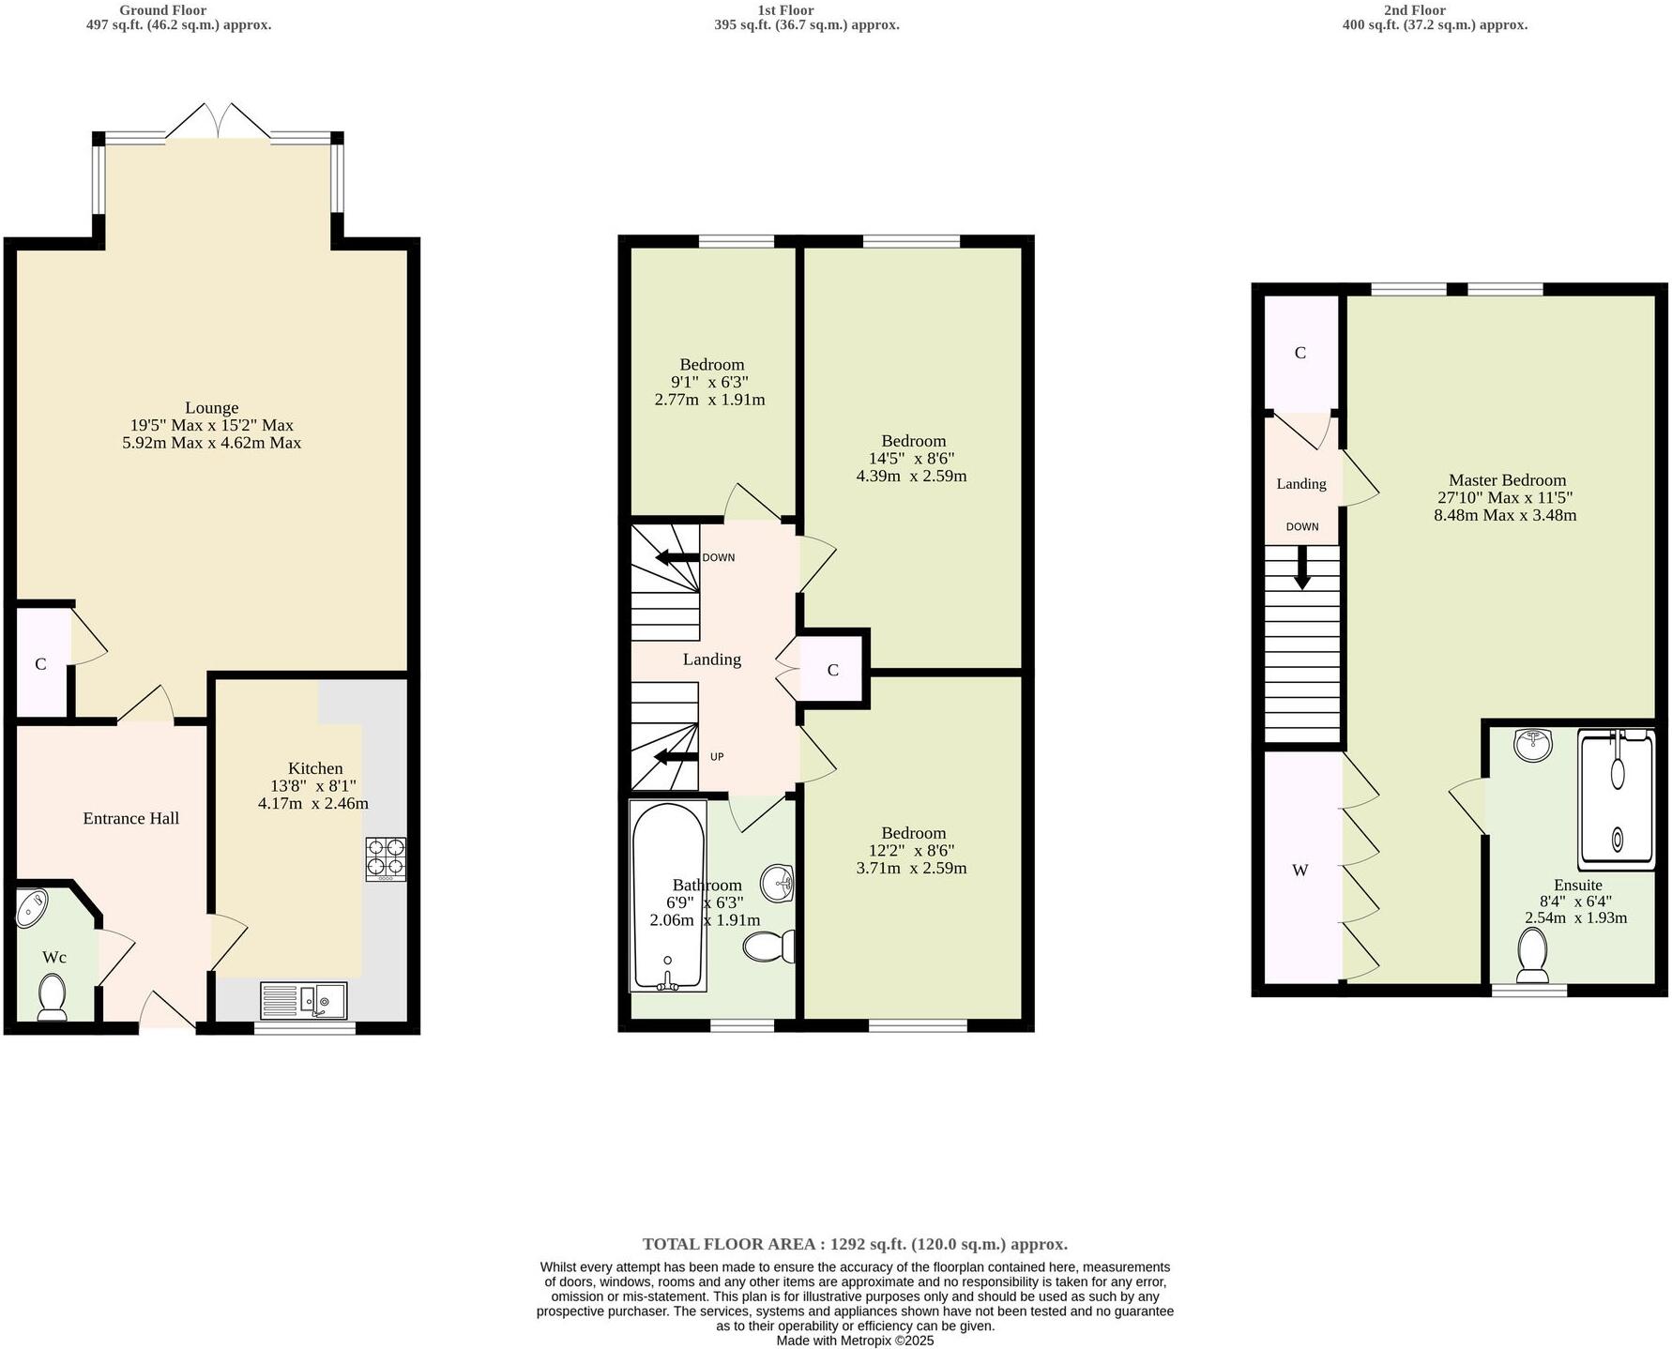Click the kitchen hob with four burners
tap(386, 858)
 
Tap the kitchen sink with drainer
tap(303, 1001)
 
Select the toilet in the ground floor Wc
tap(51, 996)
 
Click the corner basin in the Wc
tap(34, 908)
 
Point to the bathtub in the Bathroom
tap(668, 896)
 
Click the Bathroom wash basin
tap(779, 882)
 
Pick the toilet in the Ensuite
tap(1532, 954)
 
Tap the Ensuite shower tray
tap(1617, 799)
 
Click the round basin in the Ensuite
tap(1532, 747)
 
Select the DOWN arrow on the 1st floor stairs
tap(677, 557)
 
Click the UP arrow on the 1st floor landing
tap(676, 756)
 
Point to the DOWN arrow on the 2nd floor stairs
tap(1302, 568)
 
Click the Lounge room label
tap(211, 408)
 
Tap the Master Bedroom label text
tap(1507, 480)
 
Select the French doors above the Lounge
tap(219, 122)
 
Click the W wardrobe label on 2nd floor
tap(1300, 871)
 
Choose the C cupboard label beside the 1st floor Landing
tap(832, 671)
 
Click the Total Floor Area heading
tap(854, 1244)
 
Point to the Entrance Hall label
tap(130, 818)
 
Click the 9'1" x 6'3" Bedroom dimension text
tap(709, 382)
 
